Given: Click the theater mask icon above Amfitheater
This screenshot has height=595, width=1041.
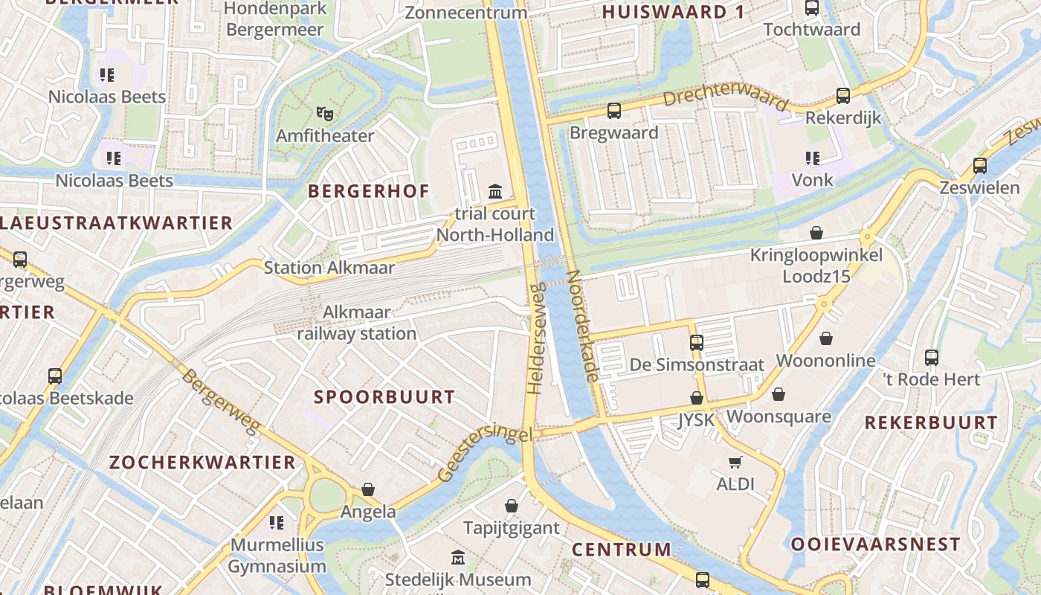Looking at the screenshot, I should [324, 114].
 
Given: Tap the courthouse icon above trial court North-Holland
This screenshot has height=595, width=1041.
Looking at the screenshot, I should [495, 192].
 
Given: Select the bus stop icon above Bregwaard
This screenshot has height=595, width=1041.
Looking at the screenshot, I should [614, 111].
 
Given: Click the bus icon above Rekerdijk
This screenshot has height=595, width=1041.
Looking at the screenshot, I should [842, 96].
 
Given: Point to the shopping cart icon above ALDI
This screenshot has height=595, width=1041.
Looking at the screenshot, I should [735, 463].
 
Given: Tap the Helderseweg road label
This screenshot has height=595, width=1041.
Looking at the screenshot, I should [536, 338].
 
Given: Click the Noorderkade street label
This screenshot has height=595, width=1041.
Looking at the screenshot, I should [582, 326].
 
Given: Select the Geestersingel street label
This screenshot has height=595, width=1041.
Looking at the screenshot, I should [485, 453].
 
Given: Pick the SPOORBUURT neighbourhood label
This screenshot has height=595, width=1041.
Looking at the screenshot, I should [384, 397].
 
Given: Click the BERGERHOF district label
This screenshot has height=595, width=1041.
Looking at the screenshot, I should [369, 191].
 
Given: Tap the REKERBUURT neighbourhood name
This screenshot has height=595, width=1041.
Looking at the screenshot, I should [931, 423].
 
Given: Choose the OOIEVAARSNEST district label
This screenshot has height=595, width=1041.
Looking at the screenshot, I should [876, 544].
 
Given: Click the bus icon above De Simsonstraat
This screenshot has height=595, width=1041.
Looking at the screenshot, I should [696, 343].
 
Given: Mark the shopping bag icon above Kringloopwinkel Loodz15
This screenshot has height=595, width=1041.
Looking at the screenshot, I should [816, 233].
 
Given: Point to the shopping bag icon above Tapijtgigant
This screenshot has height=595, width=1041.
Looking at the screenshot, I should [512, 506].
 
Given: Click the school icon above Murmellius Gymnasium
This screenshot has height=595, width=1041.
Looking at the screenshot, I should [277, 523].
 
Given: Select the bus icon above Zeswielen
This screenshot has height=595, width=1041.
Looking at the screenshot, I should [980, 166].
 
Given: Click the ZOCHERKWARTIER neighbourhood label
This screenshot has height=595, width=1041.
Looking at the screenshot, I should [202, 463].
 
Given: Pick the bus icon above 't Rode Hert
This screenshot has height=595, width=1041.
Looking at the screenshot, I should [931, 358].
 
